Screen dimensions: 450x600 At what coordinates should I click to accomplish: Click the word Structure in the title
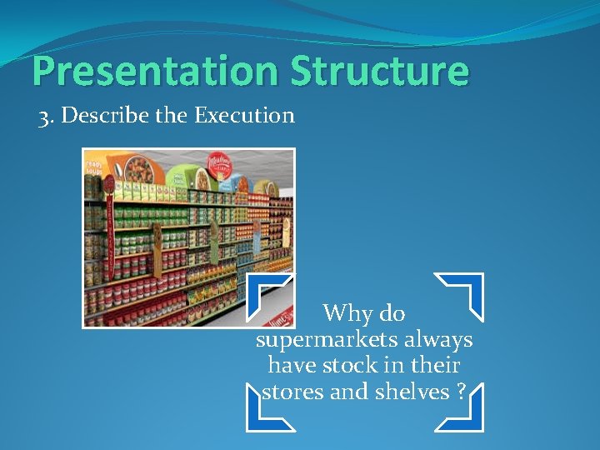click(379, 72)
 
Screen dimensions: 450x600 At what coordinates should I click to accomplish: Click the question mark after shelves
click(462, 392)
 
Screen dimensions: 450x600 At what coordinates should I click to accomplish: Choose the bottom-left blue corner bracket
click(268, 409)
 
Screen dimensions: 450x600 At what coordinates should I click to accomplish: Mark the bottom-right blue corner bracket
click(461, 409)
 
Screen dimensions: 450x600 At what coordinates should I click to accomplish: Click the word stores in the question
click(292, 392)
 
